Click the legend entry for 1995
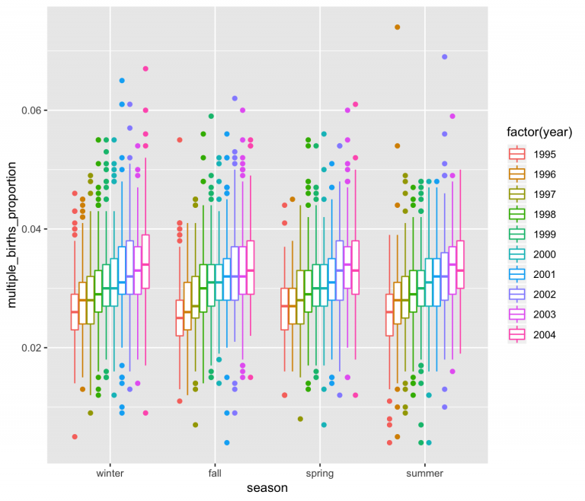point(544,155)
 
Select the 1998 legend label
point(544,215)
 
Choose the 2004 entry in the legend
point(544,334)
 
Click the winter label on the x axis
point(110,474)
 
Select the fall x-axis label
point(216,474)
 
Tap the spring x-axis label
point(321,474)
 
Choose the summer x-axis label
point(426,474)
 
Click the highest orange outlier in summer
point(398,27)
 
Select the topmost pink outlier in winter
point(145,69)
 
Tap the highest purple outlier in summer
point(445,56)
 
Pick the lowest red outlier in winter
point(75,436)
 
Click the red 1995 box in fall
point(180,318)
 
